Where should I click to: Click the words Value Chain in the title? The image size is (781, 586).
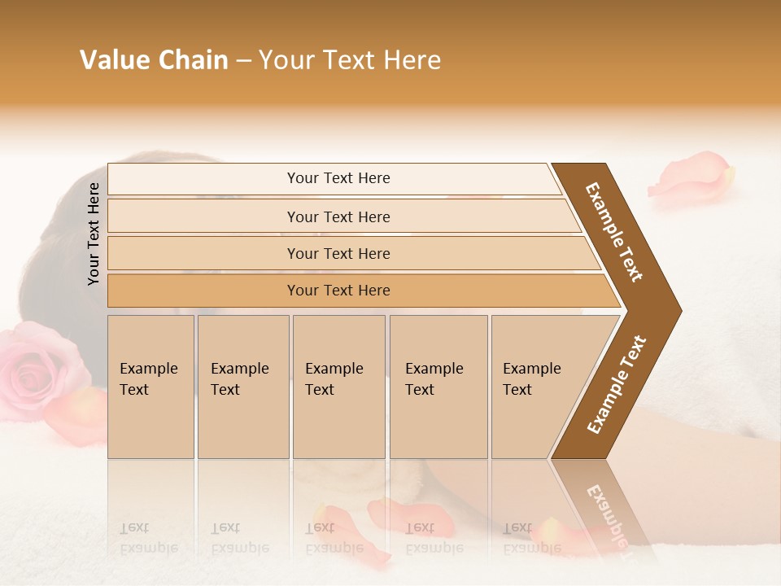click(154, 60)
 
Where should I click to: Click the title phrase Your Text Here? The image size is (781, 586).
click(350, 60)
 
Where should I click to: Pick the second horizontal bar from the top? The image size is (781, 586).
click(338, 216)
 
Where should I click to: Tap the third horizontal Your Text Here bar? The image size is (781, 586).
click(338, 253)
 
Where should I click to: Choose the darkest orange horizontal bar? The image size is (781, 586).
click(338, 291)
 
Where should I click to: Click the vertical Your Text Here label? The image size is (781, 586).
click(94, 234)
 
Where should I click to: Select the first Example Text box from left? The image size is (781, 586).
click(151, 387)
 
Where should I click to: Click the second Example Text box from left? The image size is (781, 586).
click(242, 387)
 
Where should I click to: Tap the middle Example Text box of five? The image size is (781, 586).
click(338, 387)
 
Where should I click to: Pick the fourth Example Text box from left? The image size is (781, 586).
click(438, 387)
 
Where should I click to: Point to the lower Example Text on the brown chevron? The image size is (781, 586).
click(617, 384)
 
